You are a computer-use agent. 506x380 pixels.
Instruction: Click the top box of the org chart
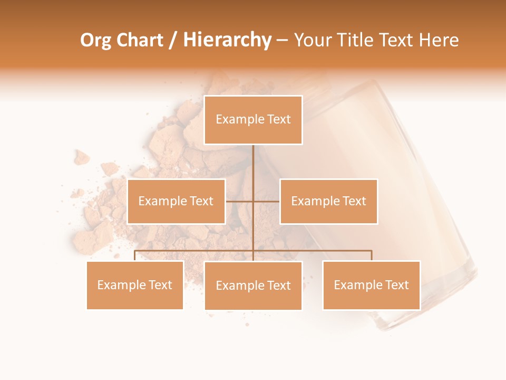253,120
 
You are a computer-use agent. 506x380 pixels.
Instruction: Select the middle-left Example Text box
176,201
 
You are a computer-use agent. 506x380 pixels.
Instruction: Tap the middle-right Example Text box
328,201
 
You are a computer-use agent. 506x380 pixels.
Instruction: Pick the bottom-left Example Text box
135,285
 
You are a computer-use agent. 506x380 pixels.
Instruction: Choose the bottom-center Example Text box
253,286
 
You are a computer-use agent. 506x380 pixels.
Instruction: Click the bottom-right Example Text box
371,285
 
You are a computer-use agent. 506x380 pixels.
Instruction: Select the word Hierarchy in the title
227,40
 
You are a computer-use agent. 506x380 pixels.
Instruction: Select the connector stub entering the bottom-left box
135,255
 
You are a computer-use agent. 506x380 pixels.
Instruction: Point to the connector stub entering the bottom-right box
372,255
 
